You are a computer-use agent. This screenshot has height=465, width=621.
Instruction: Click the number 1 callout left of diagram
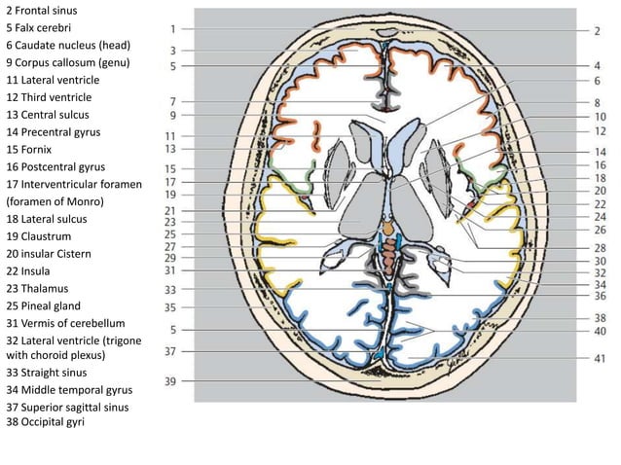[171, 29]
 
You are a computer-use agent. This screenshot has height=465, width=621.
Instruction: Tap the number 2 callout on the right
[597, 30]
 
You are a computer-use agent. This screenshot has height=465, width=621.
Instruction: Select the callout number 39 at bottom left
[170, 381]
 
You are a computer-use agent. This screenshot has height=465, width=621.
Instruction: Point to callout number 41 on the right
[600, 359]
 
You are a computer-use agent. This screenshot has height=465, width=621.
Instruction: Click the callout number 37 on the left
[170, 351]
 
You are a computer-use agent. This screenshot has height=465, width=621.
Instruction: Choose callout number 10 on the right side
[600, 116]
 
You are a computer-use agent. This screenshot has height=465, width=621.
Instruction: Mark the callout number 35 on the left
[170, 306]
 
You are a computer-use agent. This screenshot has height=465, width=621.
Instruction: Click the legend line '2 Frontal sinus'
[43, 10]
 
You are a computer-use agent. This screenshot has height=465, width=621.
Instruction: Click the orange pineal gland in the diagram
[389, 227]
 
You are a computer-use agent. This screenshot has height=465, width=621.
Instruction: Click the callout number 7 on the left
[171, 101]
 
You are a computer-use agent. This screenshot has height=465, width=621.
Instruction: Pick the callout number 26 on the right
[600, 231]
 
